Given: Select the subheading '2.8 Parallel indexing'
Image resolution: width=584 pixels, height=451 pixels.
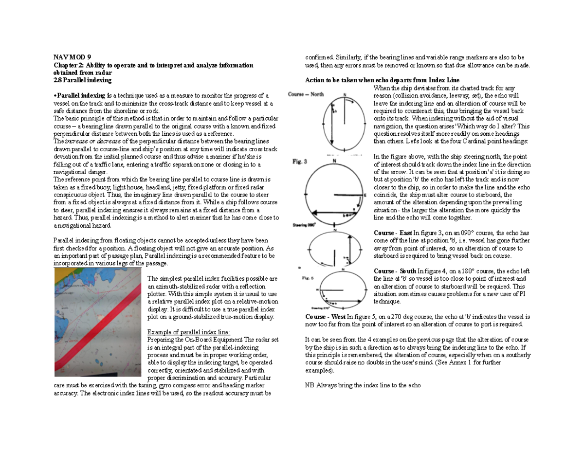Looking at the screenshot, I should tap(83, 79).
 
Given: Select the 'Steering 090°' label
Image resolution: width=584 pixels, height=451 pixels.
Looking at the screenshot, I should tap(304, 225).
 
